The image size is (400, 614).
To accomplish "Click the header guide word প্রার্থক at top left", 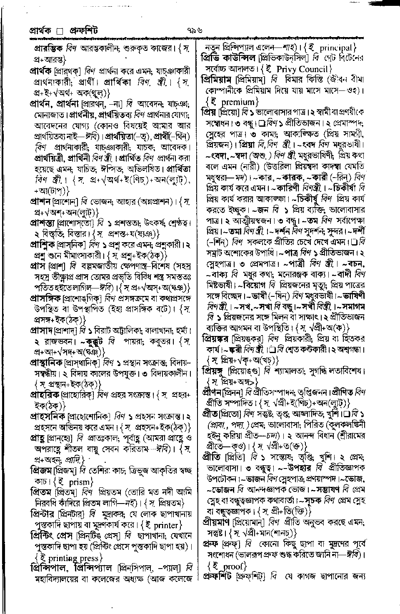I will [40, 31].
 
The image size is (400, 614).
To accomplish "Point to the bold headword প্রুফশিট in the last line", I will [217, 577].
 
